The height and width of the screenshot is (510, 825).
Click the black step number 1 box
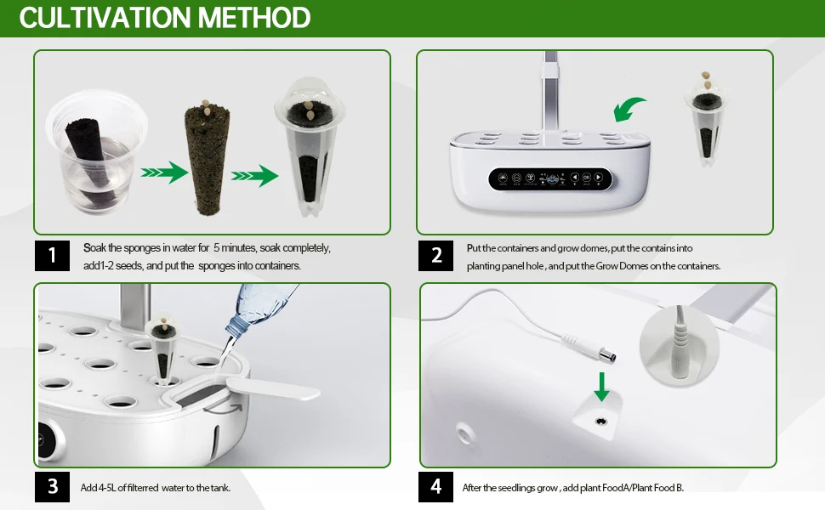52,256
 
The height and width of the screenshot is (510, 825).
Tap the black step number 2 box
435,256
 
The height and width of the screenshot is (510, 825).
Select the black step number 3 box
52,486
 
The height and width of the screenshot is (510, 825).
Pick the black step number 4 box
435,486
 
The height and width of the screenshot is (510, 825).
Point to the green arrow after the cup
164,173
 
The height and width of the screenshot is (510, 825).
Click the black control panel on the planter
550,178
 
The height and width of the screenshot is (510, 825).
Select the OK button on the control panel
587,177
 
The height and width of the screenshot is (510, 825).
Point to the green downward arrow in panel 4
601,387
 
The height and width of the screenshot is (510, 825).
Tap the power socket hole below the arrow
600,421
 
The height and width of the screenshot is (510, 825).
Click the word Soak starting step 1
94,247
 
